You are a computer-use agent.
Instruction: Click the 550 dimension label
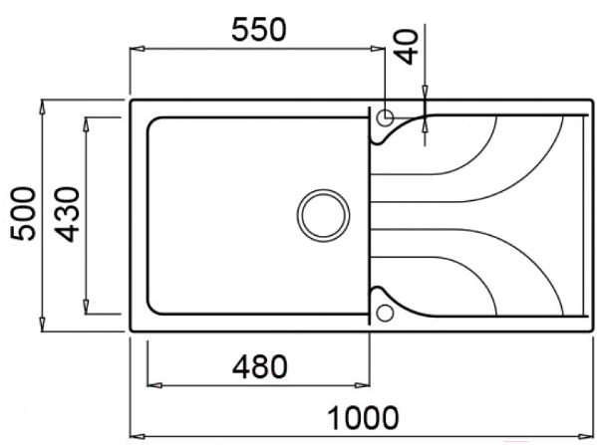click(x=258, y=29)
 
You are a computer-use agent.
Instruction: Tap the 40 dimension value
click(x=407, y=47)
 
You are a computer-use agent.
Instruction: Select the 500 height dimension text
click(x=23, y=214)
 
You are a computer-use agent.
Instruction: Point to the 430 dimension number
click(x=67, y=214)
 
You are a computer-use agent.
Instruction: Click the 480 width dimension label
click(x=260, y=366)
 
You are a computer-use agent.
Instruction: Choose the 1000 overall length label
click(x=363, y=418)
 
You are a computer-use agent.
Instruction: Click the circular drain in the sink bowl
click(x=323, y=215)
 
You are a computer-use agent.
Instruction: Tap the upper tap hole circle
click(x=385, y=117)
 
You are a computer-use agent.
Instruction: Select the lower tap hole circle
click(x=385, y=313)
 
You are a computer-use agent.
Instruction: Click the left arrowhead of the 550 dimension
click(x=138, y=49)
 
